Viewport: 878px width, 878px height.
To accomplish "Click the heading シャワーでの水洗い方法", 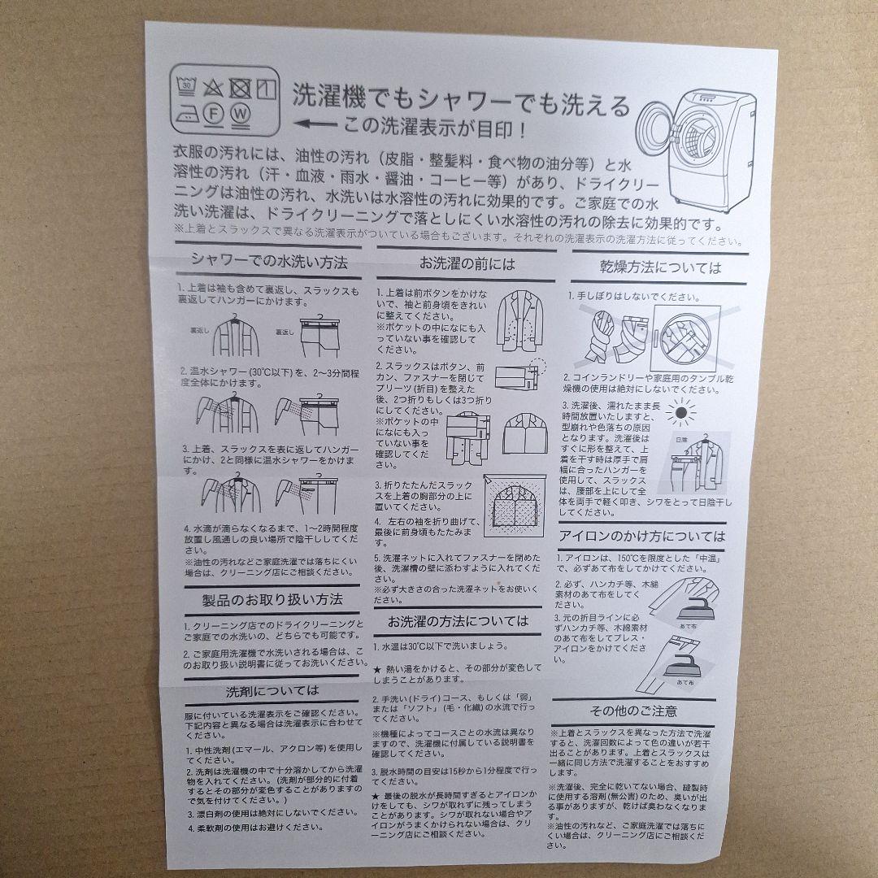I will [x=269, y=263].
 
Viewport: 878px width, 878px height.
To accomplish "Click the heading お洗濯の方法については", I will [x=458, y=621].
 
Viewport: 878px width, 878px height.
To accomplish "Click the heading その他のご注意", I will [x=633, y=711].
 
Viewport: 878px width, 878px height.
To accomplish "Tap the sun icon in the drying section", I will [x=680, y=414].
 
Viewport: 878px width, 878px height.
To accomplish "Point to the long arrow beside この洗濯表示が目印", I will [x=316, y=125].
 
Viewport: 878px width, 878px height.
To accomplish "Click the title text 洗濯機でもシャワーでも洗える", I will [x=461, y=102].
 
